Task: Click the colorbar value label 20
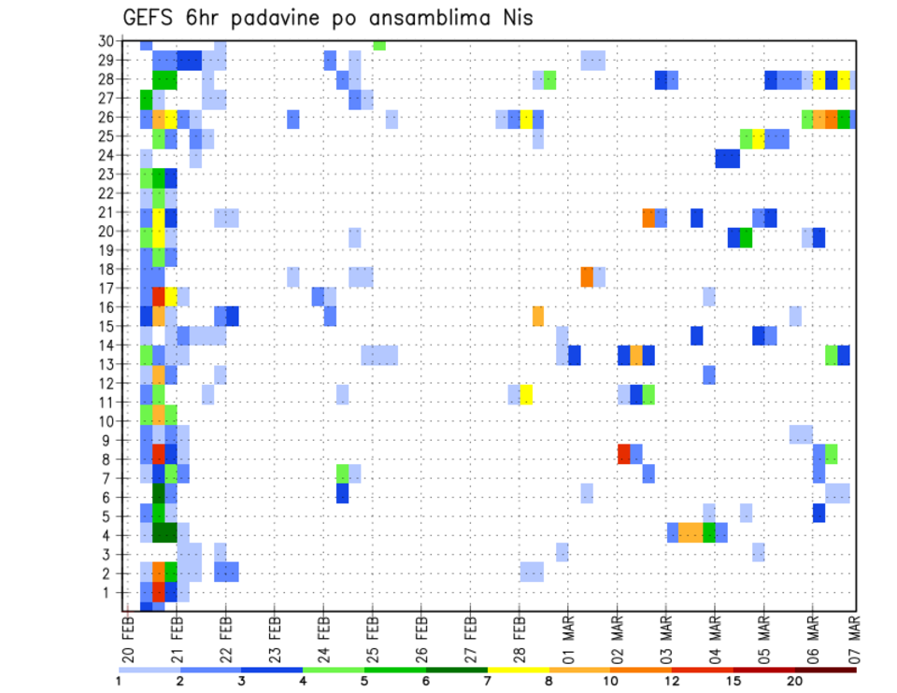pos(794,681)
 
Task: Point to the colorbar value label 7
pos(487,681)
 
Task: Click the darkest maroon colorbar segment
pos(825,670)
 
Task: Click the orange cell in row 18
pos(587,276)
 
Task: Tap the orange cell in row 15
pos(538,316)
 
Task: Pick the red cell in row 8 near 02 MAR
pos(624,454)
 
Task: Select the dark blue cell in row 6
pos(342,492)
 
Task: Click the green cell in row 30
pos(378,44)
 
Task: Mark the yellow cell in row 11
pos(526,394)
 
